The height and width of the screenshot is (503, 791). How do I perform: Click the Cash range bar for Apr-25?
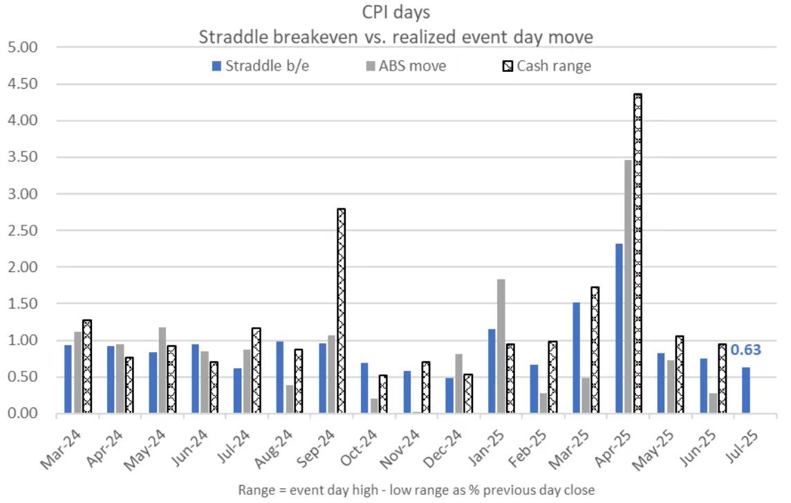click(638, 253)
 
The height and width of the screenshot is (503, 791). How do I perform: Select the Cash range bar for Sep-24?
click(341, 311)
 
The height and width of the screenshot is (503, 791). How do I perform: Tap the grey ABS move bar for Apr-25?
click(627, 286)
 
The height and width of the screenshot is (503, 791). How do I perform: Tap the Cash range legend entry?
click(546, 66)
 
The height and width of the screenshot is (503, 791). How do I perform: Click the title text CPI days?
click(395, 13)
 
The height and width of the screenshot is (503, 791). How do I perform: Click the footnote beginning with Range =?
click(416, 489)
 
